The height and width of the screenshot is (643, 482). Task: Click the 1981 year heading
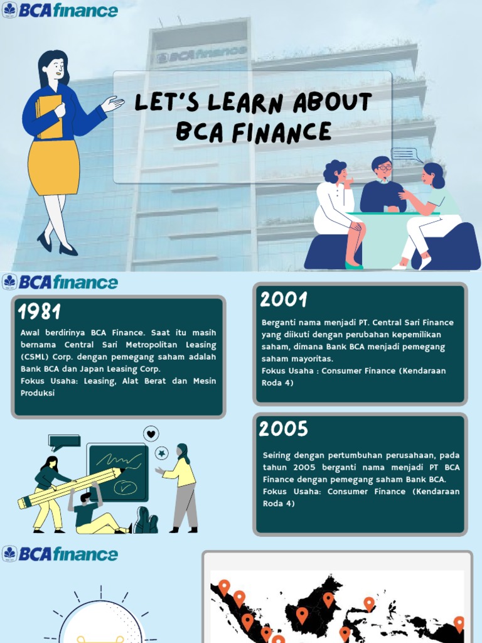[x=39, y=311]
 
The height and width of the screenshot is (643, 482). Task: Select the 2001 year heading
[x=284, y=300]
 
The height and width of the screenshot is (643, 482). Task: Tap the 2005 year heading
[x=284, y=429]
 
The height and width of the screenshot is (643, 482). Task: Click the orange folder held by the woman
[x=49, y=117]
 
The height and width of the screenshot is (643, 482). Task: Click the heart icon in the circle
[x=151, y=433]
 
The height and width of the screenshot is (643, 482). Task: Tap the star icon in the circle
[x=162, y=453]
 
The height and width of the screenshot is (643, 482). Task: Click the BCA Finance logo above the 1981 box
[x=60, y=282]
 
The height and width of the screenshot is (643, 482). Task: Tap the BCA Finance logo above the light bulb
[x=60, y=554]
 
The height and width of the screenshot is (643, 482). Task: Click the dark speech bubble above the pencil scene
[x=64, y=441]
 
